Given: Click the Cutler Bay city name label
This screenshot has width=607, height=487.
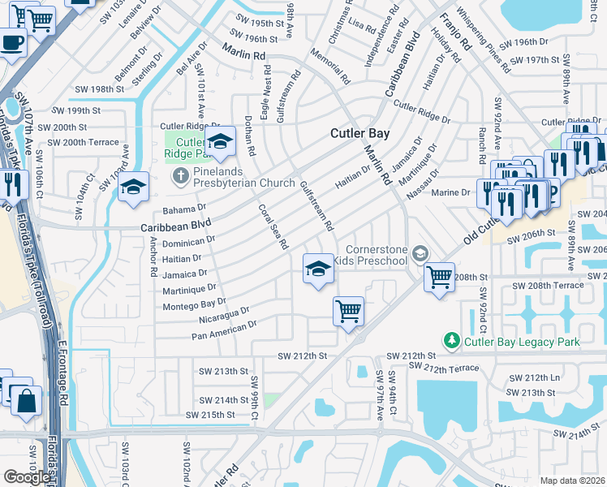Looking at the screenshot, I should (x=359, y=134).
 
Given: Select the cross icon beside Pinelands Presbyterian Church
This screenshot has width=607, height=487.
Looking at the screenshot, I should (x=179, y=175).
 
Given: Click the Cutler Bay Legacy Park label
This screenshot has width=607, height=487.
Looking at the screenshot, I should (x=521, y=342).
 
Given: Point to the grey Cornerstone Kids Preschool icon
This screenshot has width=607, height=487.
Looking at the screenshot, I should (x=419, y=255).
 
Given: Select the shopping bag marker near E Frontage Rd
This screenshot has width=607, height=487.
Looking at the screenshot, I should (x=27, y=401).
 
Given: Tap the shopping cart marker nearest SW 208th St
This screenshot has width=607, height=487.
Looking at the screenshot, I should (x=439, y=278).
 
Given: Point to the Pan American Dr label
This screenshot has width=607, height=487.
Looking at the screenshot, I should (x=224, y=330).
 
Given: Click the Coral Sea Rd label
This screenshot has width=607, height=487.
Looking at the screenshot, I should (x=273, y=226).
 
